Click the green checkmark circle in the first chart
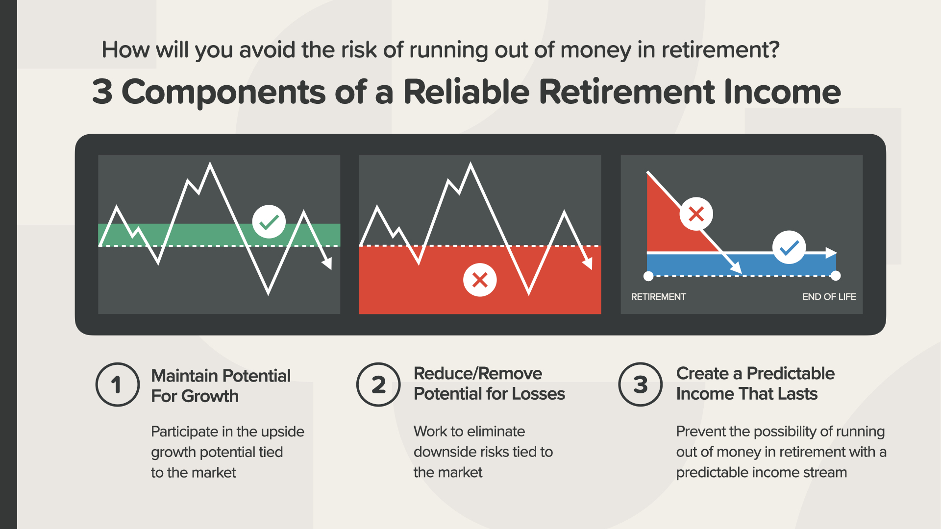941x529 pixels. coord(269,222)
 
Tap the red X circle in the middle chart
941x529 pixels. coord(480,280)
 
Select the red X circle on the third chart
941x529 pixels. coord(696,214)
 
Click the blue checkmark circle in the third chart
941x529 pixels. coord(789,247)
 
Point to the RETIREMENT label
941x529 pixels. coord(658,297)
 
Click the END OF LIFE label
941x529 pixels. coord(829,297)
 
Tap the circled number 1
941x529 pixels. coord(118,385)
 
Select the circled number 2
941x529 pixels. coord(378,385)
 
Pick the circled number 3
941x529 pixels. coord(641,385)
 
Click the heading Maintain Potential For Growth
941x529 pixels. coord(221,386)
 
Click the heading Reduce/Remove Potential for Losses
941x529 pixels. coord(489,384)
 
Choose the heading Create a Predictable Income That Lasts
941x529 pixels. coord(755,384)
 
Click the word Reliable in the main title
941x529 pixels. coord(466,92)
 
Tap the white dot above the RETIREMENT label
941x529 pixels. coord(648,276)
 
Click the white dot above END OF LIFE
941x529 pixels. coord(836,276)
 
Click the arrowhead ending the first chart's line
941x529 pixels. coord(327,264)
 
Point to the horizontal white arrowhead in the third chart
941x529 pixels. coord(831,253)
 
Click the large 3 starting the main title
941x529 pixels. coord(102,92)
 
